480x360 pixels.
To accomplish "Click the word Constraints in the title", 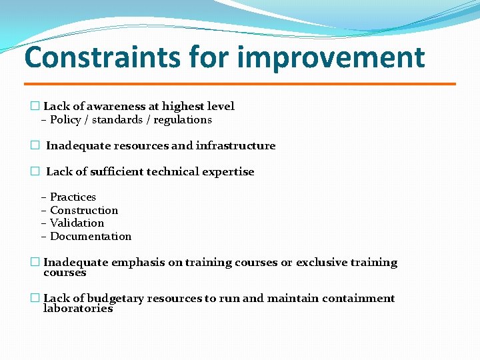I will [102, 57].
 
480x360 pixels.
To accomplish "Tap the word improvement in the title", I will [331, 57].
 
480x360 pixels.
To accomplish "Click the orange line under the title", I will [240, 84].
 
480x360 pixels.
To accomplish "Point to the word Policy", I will [65, 120].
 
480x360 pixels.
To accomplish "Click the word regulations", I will [182, 120].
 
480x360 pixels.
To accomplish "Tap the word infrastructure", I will [235, 146].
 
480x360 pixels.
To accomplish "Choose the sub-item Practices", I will [73, 197].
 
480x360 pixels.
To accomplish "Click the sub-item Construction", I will [84, 211].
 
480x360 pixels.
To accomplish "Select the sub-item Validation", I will [77, 223].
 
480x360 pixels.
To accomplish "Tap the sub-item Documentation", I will [91, 237].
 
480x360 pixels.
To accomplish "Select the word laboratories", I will [78, 309].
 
